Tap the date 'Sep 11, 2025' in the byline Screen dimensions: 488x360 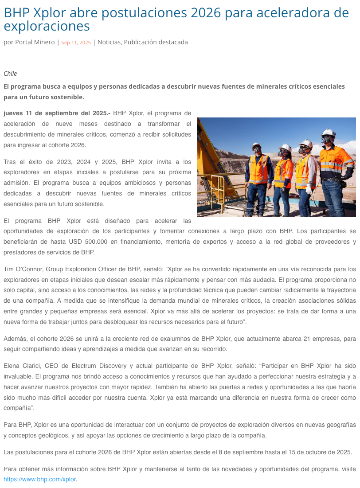pos(76,43)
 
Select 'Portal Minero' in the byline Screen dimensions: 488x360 pos(35,42)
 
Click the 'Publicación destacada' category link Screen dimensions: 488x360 pos(156,42)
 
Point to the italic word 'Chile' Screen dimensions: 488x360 pos(10,74)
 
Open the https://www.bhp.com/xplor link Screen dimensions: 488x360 pos(40,479)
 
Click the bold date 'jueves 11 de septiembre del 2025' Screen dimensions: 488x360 pos(57,113)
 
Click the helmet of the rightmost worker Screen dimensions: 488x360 pos(328,133)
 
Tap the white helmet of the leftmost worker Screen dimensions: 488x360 pos(257,146)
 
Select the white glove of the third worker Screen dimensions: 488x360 pos(309,190)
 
